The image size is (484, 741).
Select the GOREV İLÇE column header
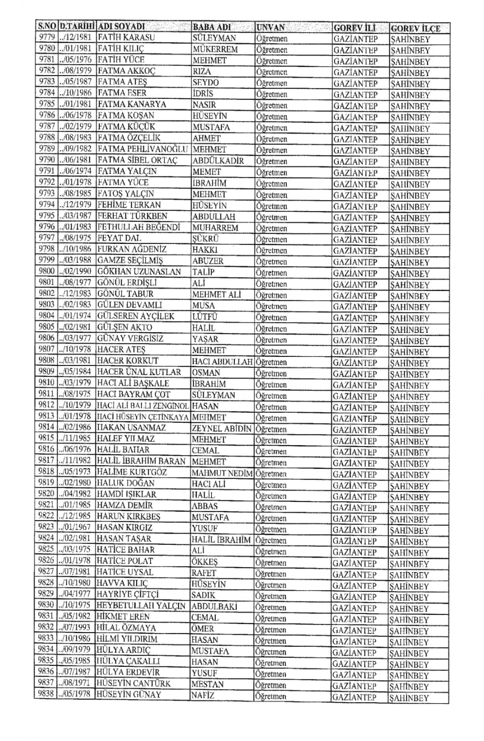click(415, 28)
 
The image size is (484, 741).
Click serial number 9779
click(47, 37)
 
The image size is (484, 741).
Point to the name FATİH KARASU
click(127, 37)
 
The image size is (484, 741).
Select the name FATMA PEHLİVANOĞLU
click(143, 149)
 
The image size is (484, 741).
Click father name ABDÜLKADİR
click(218, 161)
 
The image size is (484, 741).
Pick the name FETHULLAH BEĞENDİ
click(139, 227)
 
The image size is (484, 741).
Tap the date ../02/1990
click(76, 271)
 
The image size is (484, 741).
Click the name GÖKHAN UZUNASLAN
click(139, 272)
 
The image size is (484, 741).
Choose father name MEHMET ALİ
click(217, 294)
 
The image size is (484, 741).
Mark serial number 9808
click(46, 360)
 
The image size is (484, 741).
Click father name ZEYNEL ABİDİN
click(221, 428)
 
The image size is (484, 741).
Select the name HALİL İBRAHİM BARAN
click(142, 461)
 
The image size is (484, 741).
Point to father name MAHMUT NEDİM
click(221, 473)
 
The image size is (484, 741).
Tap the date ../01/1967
click(75, 528)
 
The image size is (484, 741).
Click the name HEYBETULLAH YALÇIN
click(141, 605)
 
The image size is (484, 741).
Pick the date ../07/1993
click(75, 627)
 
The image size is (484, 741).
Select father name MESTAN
click(207, 684)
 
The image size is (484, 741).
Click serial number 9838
click(46, 694)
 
